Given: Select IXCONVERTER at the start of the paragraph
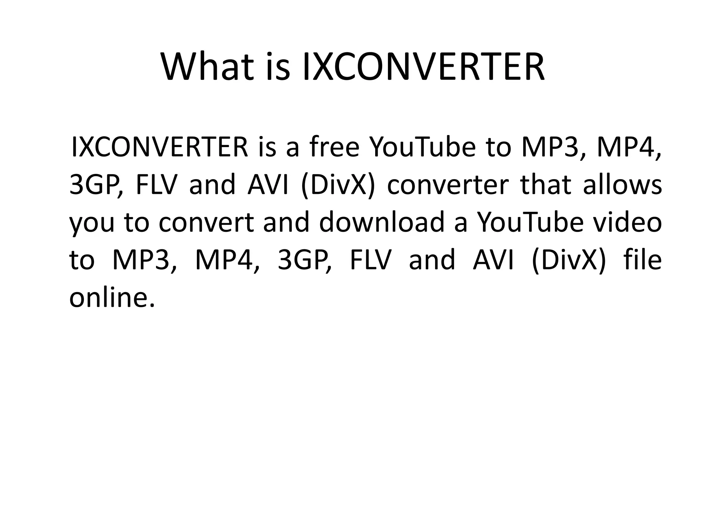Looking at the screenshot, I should pyautogui.click(x=159, y=147).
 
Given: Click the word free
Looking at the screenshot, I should pyautogui.click(x=334, y=147).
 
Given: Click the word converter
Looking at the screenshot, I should pyautogui.click(x=448, y=185).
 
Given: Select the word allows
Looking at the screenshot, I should pyautogui.click(x=622, y=185).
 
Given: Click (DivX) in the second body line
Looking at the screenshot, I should pyautogui.click(x=338, y=185).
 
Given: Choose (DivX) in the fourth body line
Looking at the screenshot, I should pyautogui.click(x=568, y=260).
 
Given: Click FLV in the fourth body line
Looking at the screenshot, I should pyautogui.click(x=370, y=260).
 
